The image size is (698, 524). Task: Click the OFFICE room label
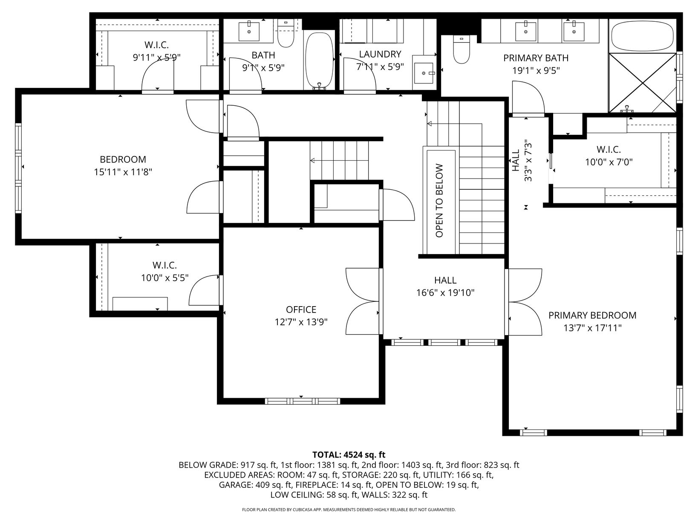[x=301, y=310]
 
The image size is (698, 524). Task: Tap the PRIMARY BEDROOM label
[x=592, y=315]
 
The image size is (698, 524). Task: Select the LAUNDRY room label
[x=380, y=54]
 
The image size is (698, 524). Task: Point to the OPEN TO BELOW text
[x=439, y=200]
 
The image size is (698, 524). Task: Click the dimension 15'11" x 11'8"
[x=123, y=172]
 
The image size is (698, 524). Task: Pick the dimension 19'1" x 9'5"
[x=536, y=70]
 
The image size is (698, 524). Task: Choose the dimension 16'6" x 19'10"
[x=445, y=292]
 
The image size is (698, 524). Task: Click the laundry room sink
[x=424, y=73]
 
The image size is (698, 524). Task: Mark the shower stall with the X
[x=643, y=83]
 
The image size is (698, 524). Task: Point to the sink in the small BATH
[x=249, y=31]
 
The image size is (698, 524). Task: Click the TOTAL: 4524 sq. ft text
[x=349, y=455]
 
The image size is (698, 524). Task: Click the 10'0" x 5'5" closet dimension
[x=165, y=278]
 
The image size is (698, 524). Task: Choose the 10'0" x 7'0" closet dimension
[x=609, y=162]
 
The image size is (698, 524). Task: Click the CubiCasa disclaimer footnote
[x=349, y=510]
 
